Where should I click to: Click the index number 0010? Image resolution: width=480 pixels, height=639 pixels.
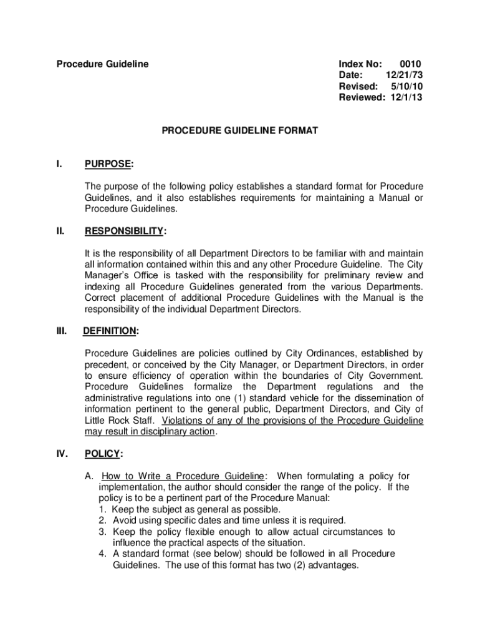click(x=410, y=64)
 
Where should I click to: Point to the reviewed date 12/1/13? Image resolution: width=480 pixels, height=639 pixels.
click(x=406, y=97)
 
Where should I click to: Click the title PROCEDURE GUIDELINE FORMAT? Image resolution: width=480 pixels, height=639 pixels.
click(x=240, y=131)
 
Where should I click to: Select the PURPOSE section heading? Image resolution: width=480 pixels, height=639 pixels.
click(x=108, y=165)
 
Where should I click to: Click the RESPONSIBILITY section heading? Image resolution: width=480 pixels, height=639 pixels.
click(x=124, y=232)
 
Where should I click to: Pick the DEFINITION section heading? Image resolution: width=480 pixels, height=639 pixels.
click(x=110, y=331)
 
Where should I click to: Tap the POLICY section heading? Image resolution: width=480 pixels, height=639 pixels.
click(x=103, y=454)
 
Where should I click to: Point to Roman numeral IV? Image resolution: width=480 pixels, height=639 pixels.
click(x=62, y=454)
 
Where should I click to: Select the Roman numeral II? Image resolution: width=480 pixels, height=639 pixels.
click(x=60, y=232)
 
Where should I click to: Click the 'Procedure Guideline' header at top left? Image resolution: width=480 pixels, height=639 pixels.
click(x=103, y=64)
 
